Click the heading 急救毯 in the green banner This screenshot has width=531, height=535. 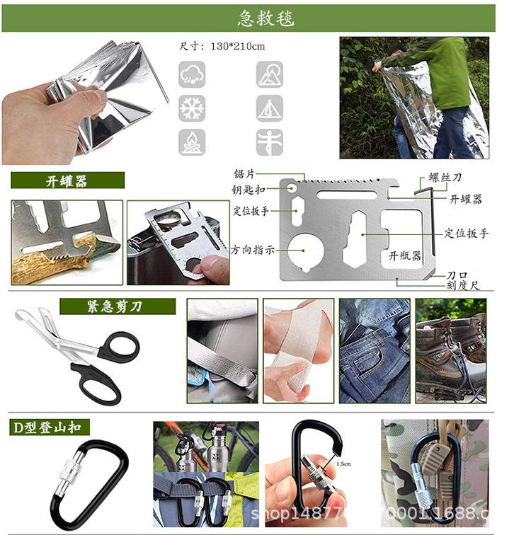pyautogui.click(x=265, y=18)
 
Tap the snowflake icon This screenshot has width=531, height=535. pyautogui.click(x=193, y=108)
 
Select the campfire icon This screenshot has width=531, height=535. pyautogui.click(x=193, y=142)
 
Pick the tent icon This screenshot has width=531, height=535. pyautogui.click(x=270, y=108)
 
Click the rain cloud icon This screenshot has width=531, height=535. pyautogui.click(x=193, y=74)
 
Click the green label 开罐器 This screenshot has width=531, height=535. pyautogui.click(x=67, y=181)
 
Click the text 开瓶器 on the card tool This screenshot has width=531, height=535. pyautogui.click(x=405, y=255)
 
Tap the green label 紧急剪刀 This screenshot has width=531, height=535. pyautogui.click(x=117, y=306)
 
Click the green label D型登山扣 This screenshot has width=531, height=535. pyautogui.click(x=50, y=427)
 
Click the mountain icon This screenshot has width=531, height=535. pyautogui.click(x=270, y=74)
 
